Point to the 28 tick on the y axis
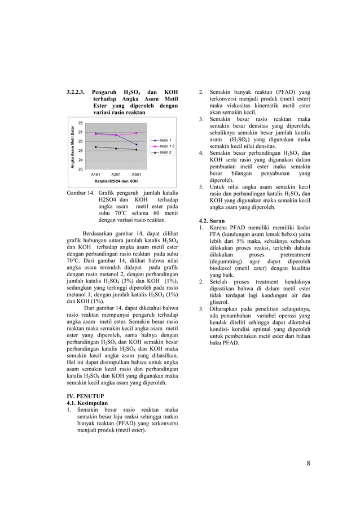81,123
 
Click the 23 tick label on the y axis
81,169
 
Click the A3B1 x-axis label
137,175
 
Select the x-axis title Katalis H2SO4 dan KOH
116,181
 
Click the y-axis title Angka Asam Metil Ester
73,146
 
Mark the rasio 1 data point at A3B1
137,145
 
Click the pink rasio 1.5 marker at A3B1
137,133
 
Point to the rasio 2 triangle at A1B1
96,147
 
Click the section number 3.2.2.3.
77,91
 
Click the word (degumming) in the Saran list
226,262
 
